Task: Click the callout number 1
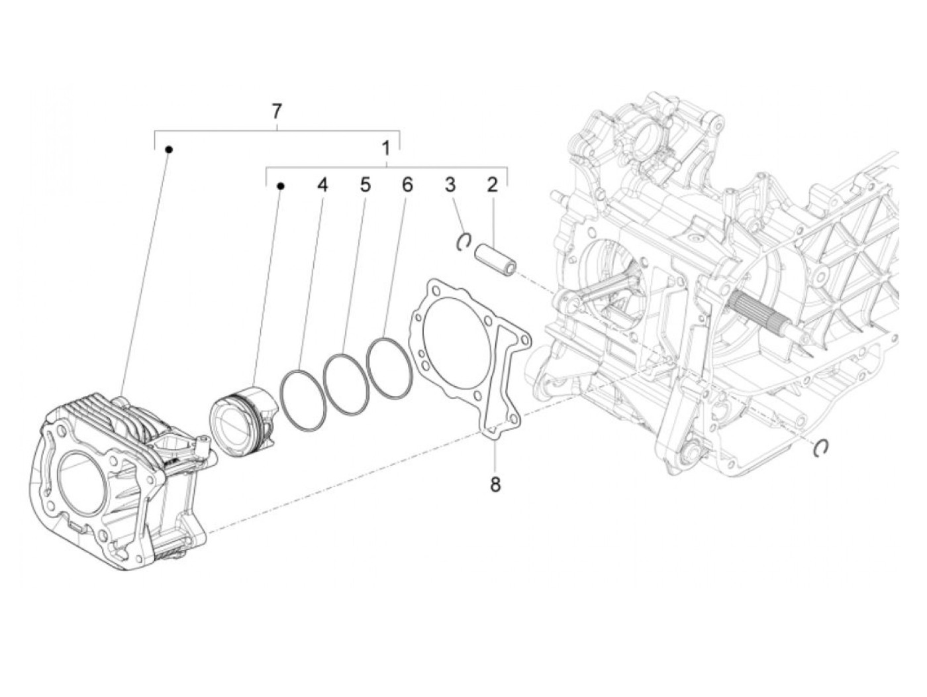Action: pyautogui.click(x=386, y=148)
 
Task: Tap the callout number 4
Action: pyautogui.click(x=322, y=185)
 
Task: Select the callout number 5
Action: pyautogui.click(x=365, y=185)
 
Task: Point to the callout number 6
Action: pyautogui.click(x=407, y=185)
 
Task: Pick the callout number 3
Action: pyautogui.click(x=450, y=185)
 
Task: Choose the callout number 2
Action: pyautogui.click(x=491, y=185)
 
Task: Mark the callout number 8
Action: pyautogui.click(x=495, y=484)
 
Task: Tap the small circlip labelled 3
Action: pyautogui.click(x=465, y=242)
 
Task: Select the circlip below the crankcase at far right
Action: pyautogui.click(x=822, y=448)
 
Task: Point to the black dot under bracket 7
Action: pyautogui.click(x=169, y=150)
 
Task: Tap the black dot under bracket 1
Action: pyautogui.click(x=280, y=187)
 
